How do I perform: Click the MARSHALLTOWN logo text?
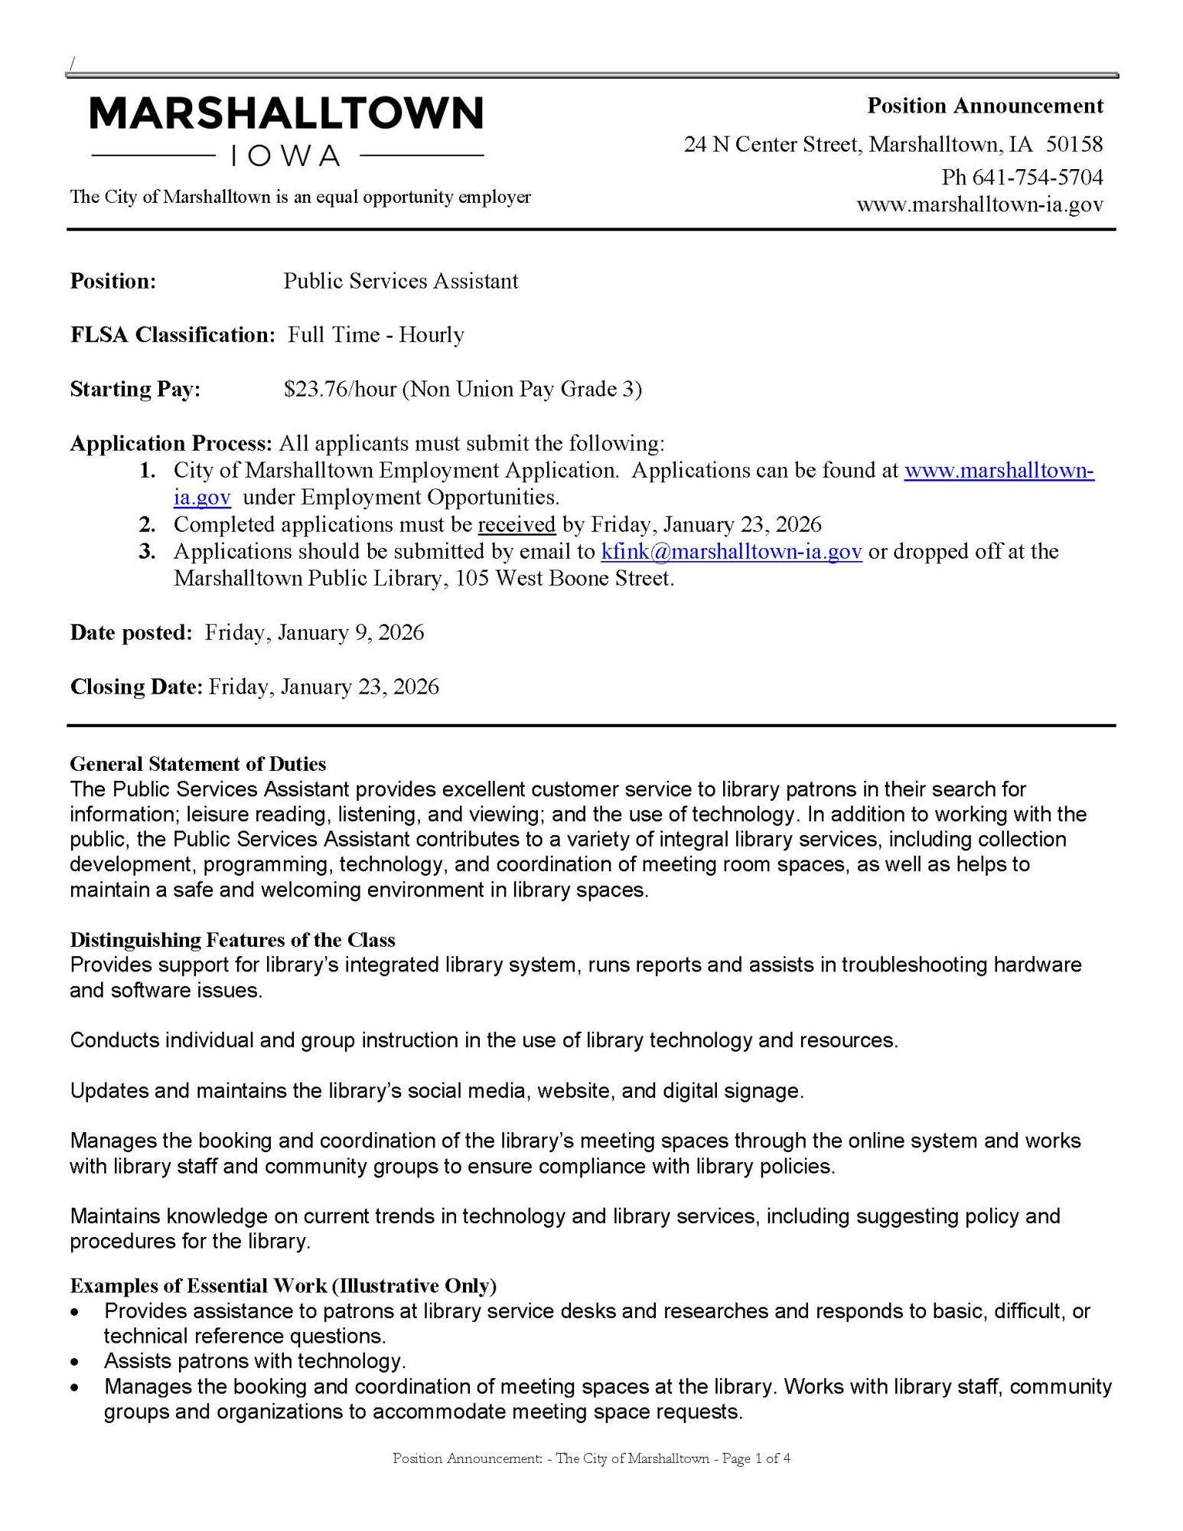[286, 113]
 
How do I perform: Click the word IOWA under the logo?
[286, 156]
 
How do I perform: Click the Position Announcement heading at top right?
[985, 106]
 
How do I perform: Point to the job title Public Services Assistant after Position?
[400, 281]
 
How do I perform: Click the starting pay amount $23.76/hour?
[340, 390]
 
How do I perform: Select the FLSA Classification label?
[172, 335]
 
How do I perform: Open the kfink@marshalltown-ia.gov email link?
[732, 551]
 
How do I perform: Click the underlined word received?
[517, 524]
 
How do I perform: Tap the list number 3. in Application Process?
[148, 551]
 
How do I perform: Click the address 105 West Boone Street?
[564, 578]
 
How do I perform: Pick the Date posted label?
[131, 632]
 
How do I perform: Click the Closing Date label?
[136, 687]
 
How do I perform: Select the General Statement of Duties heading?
[197, 764]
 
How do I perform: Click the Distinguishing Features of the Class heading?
[233, 939]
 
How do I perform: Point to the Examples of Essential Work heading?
[283, 1285]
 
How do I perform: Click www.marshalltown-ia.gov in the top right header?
[979, 205]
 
